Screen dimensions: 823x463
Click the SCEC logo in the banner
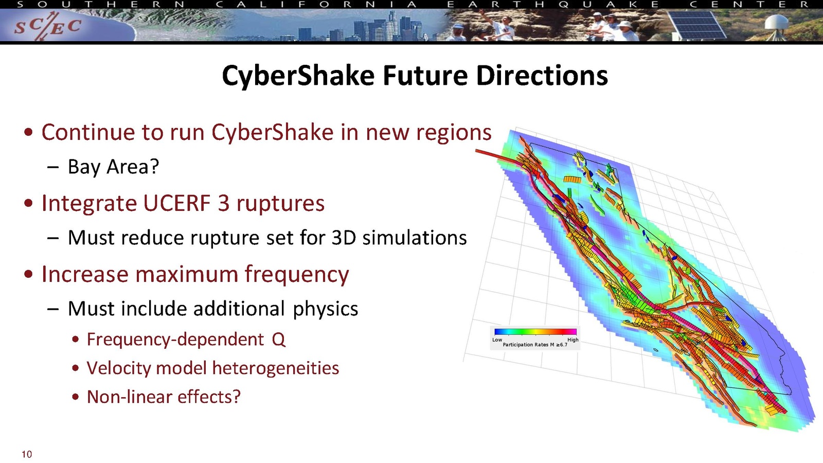pyautogui.click(x=48, y=26)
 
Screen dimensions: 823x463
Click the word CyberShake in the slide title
pyautogui.click(x=298, y=76)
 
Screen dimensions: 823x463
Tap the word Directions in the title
pyautogui.click(x=542, y=76)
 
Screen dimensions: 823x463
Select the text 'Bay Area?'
pyautogui.click(x=114, y=167)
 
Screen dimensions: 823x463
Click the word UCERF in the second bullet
pyautogui.click(x=177, y=203)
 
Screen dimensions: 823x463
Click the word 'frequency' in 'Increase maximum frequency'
pyautogui.click(x=297, y=275)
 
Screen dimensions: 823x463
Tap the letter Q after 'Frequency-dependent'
pyautogui.click(x=278, y=340)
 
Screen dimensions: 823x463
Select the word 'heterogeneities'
pyautogui.click(x=276, y=368)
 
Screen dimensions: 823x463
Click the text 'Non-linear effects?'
pyautogui.click(x=164, y=397)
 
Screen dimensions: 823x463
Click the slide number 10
pyautogui.click(x=27, y=454)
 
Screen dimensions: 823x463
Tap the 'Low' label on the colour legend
pyautogui.click(x=497, y=340)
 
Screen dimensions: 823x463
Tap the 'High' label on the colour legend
pyautogui.click(x=573, y=340)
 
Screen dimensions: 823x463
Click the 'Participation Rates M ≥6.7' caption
pyautogui.click(x=535, y=345)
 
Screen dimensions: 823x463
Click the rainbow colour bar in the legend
pyautogui.click(x=535, y=332)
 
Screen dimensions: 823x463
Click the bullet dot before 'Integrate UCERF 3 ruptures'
pyautogui.click(x=28, y=203)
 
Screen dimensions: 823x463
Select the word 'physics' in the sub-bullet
pyautogui.click(x=325, y=309)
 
